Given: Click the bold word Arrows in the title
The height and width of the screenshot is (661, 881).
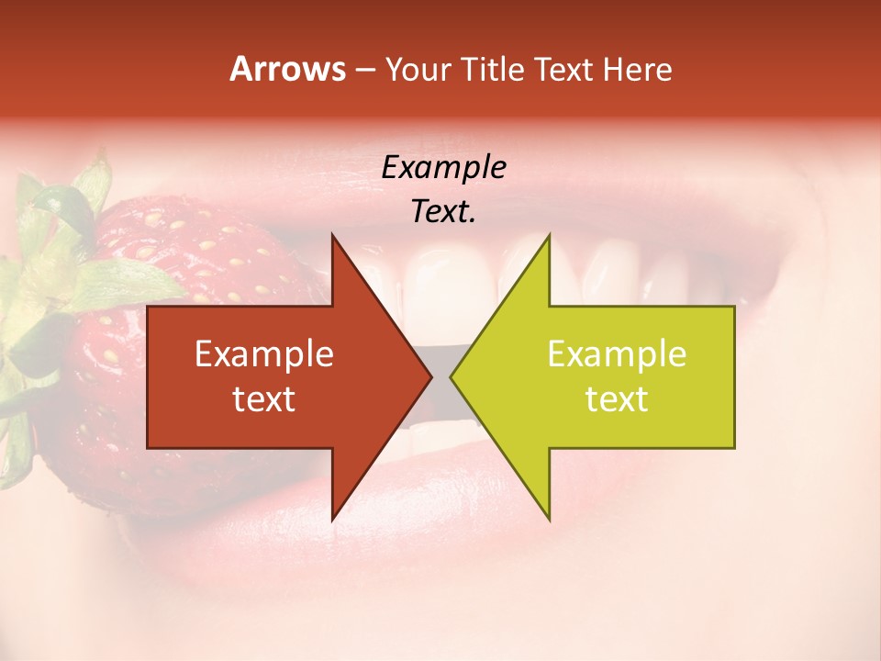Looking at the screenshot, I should click(x=286, y=70).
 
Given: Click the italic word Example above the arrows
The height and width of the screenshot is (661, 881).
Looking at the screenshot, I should click(x=443, y=168).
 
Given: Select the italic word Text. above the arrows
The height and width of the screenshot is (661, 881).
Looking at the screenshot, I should click(x=443, y=212).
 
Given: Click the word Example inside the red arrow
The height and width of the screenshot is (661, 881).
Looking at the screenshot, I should click(x=264, y=354).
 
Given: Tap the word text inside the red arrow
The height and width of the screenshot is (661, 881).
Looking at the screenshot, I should click(x=264, y=399).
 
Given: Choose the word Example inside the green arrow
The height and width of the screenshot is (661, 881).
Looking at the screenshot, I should click(x=617, y=354).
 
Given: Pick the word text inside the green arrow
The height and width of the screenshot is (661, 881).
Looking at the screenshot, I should click(x=617, y=399).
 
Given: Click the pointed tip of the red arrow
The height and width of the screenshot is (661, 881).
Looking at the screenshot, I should click(x=430, y=377).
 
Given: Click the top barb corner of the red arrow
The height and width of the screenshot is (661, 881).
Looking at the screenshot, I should click(x=332, y=236).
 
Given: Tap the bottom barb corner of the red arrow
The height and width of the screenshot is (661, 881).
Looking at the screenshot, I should click(x=332, y=519).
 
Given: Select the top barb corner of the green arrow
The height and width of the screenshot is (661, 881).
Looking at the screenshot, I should click(x=549, y=236).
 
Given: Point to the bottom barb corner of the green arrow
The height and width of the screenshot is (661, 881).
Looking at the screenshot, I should click(x=549, y=519).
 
